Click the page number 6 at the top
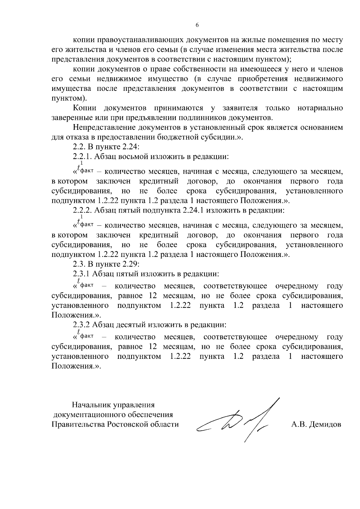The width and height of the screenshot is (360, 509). (x=197, y=25)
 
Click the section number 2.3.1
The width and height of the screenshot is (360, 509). (x=82, y=274)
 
